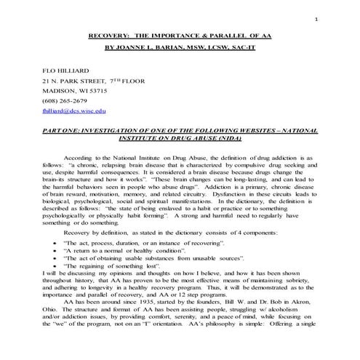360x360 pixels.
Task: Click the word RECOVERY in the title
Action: point(110,34)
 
